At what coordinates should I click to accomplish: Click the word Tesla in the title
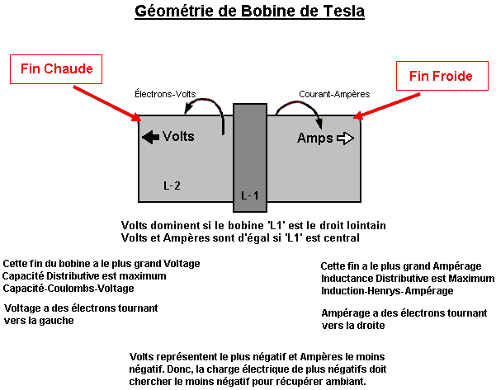click(x=343, y=11)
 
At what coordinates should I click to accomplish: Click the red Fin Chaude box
click(x=56, y=69)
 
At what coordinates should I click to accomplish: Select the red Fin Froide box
click(x=442, y=76)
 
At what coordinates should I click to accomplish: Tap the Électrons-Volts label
click(x=165, y=94)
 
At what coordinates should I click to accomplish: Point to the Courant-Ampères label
click(x=334, y=94)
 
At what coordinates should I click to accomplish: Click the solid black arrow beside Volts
click(x=150, y=137)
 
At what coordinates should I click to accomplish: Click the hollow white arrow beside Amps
click(x=346, y=139)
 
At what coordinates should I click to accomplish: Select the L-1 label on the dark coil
click(x=249, y=195)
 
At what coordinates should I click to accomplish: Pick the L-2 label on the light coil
click(x=172, y=186)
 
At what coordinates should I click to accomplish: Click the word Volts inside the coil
click(x=178, y=136)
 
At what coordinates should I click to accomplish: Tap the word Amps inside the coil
click(x=315, y=139)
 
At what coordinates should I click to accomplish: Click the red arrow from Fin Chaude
click(x=107, y=103)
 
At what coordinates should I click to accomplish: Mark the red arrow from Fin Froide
click(x=386, y=106)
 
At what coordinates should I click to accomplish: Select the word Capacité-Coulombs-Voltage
click(x=68, y=289)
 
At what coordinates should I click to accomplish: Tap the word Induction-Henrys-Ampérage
click(x=387, y=291)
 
